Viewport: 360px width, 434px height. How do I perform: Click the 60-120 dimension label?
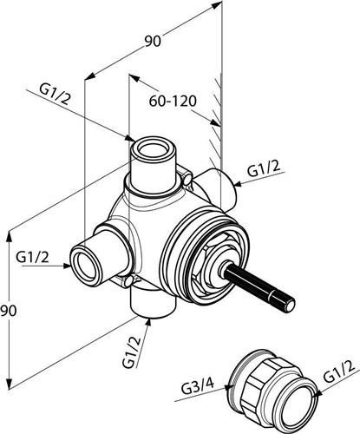coord(173,101)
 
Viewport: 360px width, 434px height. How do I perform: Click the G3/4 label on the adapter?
coord(198,387)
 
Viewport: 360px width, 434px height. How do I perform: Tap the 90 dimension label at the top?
coord(153,42)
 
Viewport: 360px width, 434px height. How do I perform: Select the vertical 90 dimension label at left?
coord(9,311)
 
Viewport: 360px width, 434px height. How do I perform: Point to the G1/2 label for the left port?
coord(33,257)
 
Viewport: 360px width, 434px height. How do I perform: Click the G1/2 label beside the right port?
coord(264,168)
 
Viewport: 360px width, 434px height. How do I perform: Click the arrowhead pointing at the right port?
coord(238,184)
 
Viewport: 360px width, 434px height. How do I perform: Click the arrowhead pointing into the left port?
coord(67,266)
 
